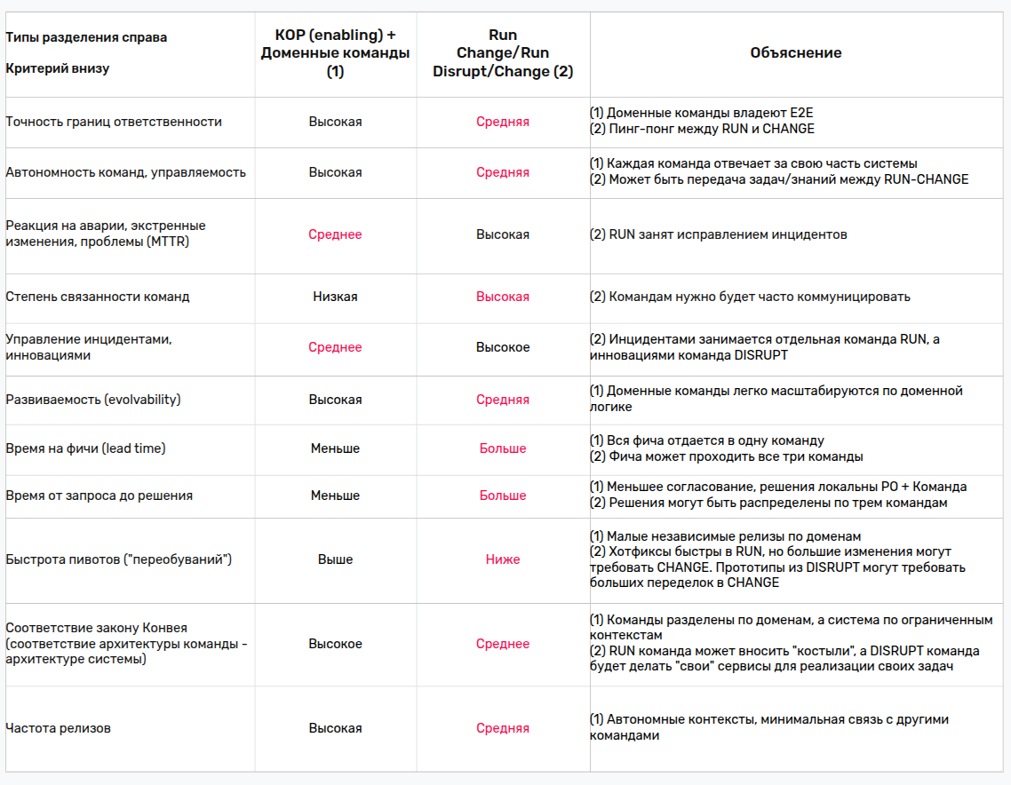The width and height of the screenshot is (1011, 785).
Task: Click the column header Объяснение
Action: tap(795, 53)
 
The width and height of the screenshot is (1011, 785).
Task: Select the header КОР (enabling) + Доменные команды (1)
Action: tap(335, 53)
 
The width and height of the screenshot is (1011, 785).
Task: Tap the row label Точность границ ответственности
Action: tap(114, 122)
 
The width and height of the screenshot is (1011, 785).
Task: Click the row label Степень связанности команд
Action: tap(98, 297)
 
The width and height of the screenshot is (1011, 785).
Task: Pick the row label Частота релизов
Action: tap(58, 728)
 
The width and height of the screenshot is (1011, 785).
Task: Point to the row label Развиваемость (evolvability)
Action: tap(93, 400)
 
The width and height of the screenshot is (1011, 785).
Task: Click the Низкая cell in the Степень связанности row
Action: tap(335, 297)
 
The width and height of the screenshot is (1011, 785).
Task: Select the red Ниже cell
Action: tap(503, 559)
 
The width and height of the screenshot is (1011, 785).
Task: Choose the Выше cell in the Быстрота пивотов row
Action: tap(335, 559)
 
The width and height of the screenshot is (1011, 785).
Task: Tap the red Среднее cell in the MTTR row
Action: tap(335, 234)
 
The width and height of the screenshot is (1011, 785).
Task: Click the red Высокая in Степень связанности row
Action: tap(503, 297)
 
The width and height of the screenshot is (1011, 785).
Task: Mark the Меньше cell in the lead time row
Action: tap(335, 448)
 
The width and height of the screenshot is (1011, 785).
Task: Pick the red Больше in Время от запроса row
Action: tap(503, 496)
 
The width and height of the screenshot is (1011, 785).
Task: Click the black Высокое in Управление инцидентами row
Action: tap(503, 347)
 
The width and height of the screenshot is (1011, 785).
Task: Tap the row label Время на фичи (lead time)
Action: tap(85, 448)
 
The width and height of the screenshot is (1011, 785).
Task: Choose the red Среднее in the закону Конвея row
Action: tap(503, 644)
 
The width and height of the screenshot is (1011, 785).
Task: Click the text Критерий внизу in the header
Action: tap(58, 68)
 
